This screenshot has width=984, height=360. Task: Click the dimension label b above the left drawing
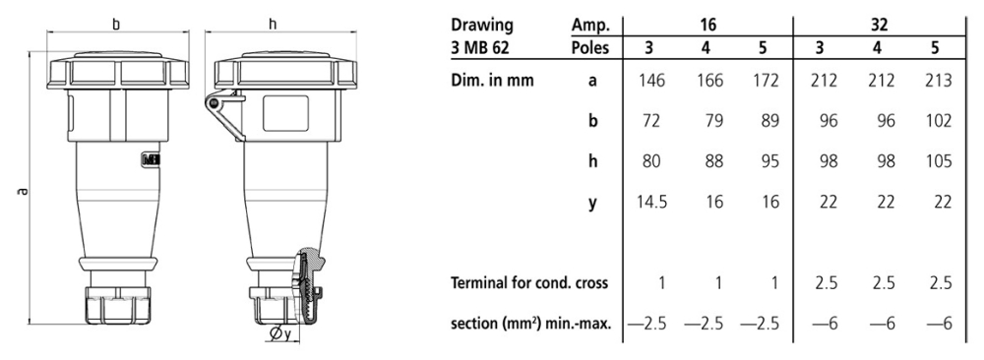pyautogui.click(x=115, y=22)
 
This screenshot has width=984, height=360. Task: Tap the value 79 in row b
pyautogui.click(x=713, y=122)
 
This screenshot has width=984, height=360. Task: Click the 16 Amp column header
pyautogui.click(x=713, y=20)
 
